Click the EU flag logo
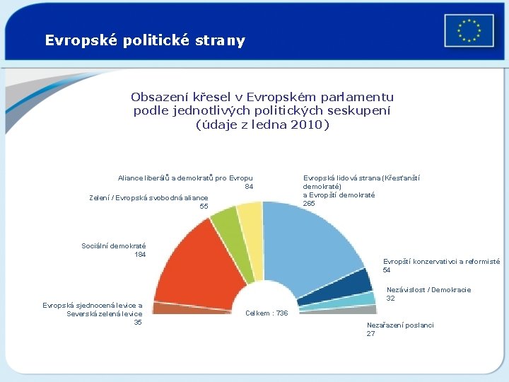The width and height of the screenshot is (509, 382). coord(469,30)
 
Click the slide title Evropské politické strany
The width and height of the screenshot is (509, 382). coord(145,40)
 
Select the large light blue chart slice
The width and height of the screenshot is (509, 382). coord(311,241)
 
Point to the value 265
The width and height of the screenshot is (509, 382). coord(309,204)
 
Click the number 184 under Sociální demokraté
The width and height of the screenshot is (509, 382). coord(139,255)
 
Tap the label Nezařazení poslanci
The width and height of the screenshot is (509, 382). coord(400,325)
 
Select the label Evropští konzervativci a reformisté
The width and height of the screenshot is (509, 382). coord(441,261)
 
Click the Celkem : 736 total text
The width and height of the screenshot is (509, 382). coord(267,313)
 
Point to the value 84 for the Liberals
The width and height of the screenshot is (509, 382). coord(248,187)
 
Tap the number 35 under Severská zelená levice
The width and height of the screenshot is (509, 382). coord(138,323)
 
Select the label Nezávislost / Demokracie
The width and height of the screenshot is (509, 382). coord(428,289)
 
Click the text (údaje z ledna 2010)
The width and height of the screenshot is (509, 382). coord(262,125)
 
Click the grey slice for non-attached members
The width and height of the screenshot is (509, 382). coord(365,309)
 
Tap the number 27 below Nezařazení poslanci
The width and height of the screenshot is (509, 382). coord(370,333)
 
